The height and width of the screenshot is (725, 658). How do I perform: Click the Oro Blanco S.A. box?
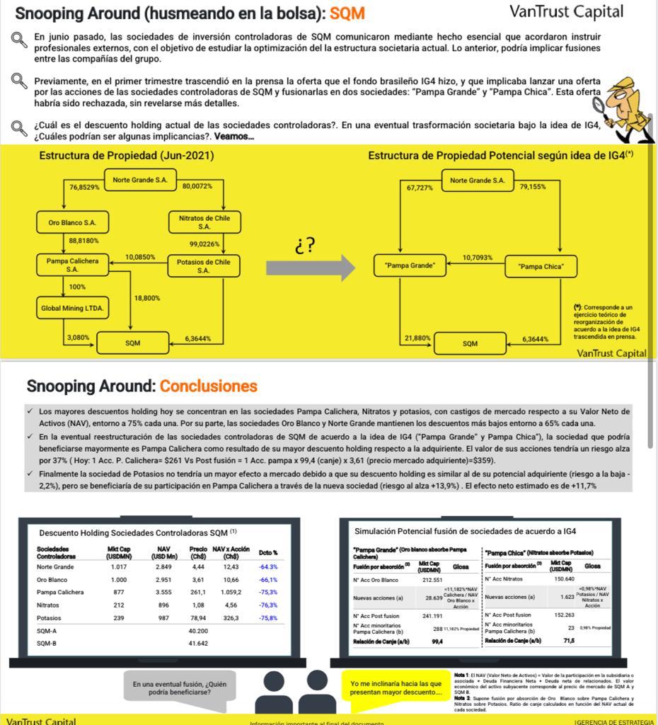(73, 222)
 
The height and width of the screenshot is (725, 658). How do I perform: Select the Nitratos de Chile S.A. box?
(204, 222)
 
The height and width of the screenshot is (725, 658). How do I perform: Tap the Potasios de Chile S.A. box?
(204, 266)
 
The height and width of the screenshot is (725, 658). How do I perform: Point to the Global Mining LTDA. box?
(72, 308)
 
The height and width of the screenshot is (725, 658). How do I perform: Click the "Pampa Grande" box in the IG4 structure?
(410, 266)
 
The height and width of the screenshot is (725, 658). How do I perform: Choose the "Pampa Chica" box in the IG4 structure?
(542, 266)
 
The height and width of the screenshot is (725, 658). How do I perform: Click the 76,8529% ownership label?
(84, 186)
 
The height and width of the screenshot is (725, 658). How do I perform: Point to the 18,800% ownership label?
(146, 299)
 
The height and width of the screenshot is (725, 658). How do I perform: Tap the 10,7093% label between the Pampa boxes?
(477, 258)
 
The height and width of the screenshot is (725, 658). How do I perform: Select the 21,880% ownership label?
(417, 338)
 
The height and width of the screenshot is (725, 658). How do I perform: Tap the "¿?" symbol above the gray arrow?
(305, 246)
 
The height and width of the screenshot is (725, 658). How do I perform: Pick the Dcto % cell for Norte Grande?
(268, 567)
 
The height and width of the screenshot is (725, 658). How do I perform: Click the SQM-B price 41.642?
(197, 644)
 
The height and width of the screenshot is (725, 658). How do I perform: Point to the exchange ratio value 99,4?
(437, 641)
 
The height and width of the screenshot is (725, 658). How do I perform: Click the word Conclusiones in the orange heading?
(208, 386)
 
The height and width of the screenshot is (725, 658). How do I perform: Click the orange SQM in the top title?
(347, 13)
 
